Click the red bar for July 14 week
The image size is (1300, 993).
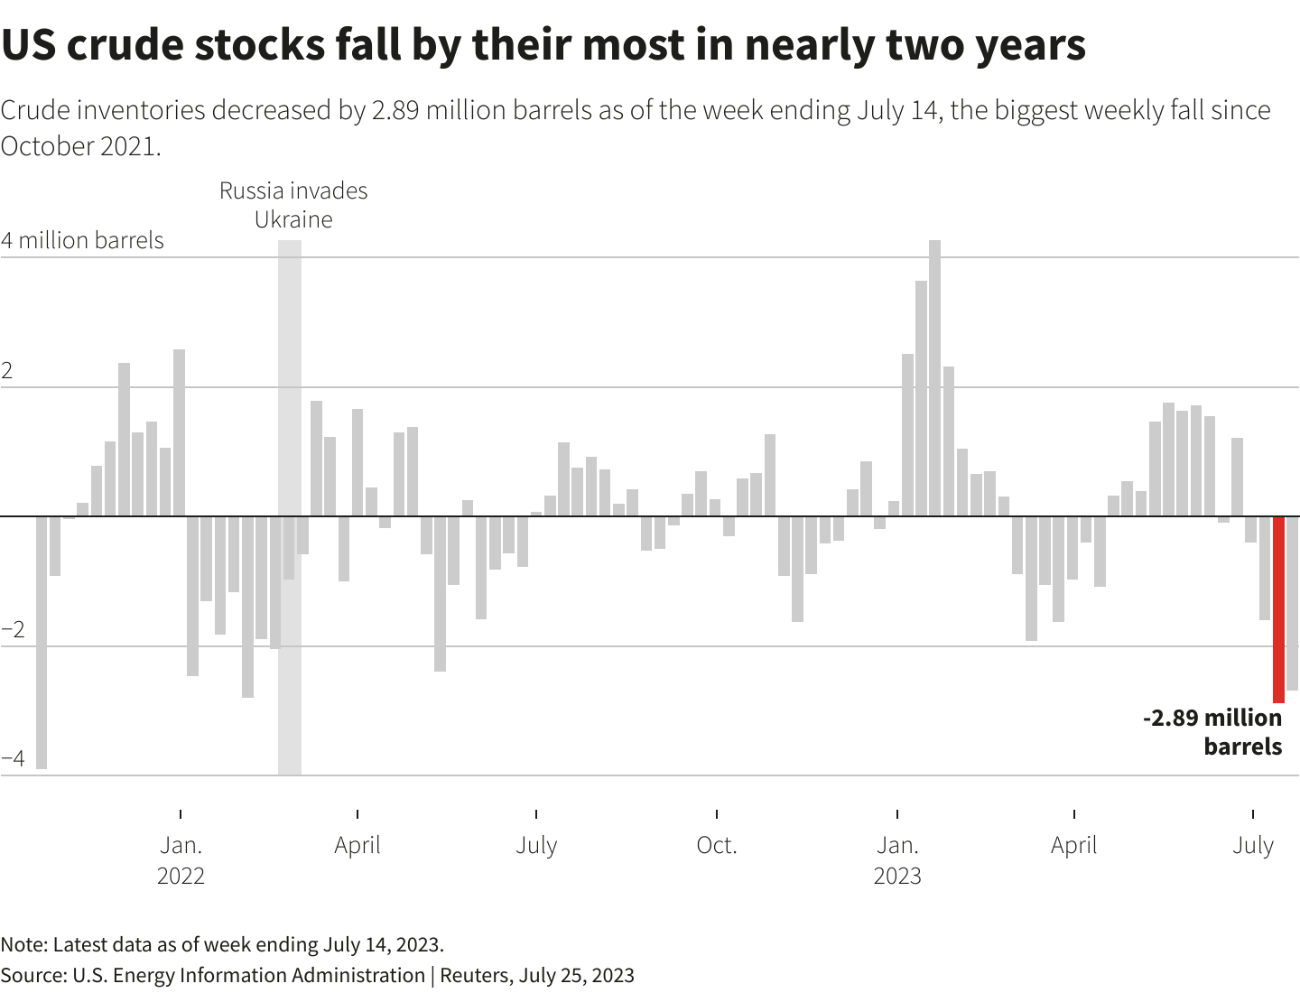pos(1278,609)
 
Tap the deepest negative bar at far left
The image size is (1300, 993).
pos(42,642)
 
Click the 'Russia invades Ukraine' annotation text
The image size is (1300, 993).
pos(293,205)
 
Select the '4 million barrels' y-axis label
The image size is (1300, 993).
pos(82,240)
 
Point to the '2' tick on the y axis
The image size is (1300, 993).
pos(7,371)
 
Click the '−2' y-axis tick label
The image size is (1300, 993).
pos(13,629)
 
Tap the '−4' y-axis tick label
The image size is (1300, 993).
pos(13,758)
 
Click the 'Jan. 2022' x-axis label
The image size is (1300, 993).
pos(181,860)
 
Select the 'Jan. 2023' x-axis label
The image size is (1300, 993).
pos(897,860)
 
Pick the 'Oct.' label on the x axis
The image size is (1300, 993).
pos(717,846)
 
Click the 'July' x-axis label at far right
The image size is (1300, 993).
pos(1253,846)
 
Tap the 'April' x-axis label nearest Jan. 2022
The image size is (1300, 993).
pos(357,846)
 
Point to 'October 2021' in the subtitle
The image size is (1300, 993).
pos(79,146)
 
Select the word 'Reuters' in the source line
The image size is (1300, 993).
pos(475,975)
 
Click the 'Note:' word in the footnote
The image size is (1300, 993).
pos(23,944)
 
